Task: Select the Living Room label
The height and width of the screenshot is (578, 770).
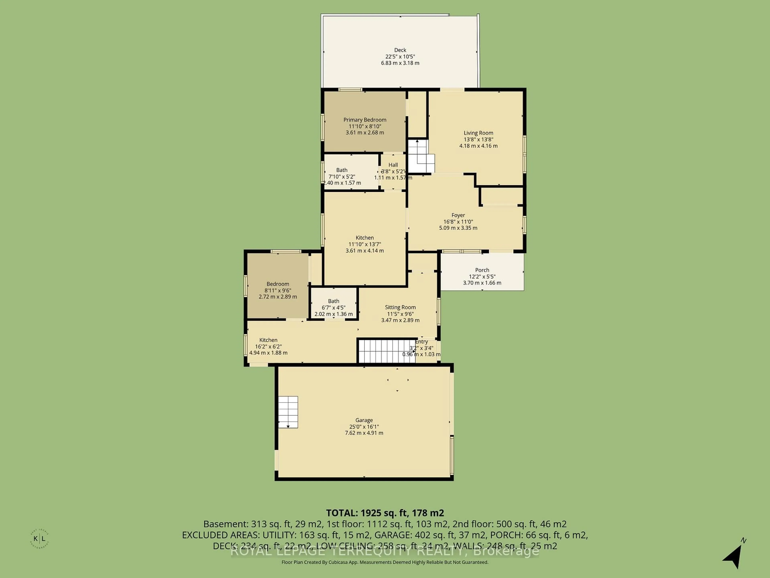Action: [478, 133]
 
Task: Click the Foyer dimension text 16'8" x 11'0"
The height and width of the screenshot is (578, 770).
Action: [458, 222]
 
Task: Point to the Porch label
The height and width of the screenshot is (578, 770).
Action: [482, 270]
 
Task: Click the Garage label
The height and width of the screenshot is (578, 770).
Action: [364, 420]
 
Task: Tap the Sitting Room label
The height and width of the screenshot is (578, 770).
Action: [400, 307]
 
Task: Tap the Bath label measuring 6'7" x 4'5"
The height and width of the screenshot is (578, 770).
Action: [333, 301]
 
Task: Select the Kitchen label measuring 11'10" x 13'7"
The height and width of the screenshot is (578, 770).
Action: [365, 238]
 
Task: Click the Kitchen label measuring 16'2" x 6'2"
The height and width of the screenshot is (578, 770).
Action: [268, 340]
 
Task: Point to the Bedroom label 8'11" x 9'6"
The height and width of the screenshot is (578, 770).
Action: [278, 284]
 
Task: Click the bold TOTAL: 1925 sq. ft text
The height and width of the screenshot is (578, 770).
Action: [385, 513]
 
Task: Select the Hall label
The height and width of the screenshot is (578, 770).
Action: [393, 165]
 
